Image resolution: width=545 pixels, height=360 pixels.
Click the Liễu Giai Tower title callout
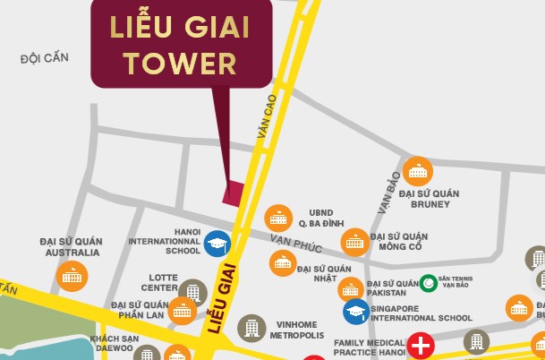coord(180,44)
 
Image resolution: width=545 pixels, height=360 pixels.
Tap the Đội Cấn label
coord(44,59)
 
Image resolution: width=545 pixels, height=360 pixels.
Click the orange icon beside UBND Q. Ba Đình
coord(277,218)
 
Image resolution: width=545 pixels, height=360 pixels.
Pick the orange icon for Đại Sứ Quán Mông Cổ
coord(354,241)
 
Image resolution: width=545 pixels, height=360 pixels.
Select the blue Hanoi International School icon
coord(216,243)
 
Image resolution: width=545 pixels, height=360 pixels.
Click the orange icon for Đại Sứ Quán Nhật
coord(283,262)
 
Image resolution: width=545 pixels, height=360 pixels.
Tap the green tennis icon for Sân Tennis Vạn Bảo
coord(429,282)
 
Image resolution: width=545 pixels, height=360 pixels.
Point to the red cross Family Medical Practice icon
coord(419,345)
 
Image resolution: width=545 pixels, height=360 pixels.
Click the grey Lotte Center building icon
coord(192,290)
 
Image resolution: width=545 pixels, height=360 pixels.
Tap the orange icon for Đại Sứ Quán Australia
coord(71,276)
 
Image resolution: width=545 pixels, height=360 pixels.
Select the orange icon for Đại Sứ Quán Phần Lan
coord(183,311)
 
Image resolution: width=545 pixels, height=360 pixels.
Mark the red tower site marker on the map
coord(234,193)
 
